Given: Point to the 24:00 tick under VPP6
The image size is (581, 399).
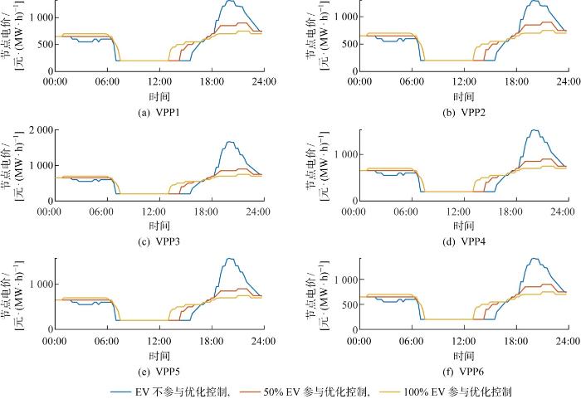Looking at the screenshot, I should point(568,341).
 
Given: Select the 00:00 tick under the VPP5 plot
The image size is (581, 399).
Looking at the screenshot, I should point(55,341).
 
